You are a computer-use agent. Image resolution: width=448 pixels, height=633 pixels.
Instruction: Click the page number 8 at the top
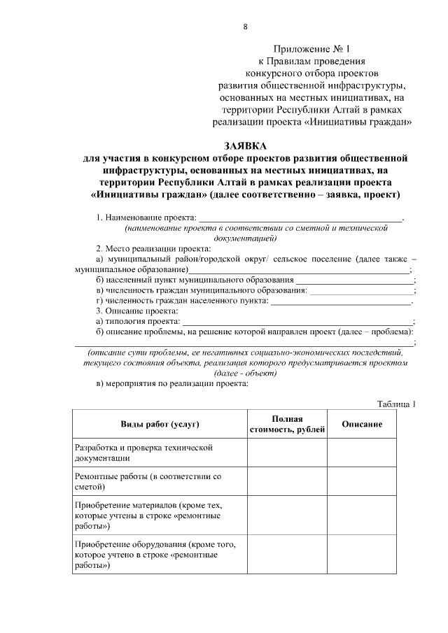pos(245,27)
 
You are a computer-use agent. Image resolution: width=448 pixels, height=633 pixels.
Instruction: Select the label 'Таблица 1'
pos(396,404)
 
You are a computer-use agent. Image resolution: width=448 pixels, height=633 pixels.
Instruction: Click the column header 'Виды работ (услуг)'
pos(160,425)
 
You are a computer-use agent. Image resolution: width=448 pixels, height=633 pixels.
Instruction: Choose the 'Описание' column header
pos(362,425)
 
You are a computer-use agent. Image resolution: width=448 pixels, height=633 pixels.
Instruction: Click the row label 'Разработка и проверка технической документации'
pos(143,453)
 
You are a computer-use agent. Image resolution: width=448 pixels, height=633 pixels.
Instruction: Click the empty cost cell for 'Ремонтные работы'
pos(288,481)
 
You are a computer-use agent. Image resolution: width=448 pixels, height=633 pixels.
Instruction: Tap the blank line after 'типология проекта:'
pos(297,321)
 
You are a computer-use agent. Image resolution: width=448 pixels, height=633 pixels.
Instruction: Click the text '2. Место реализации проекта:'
pos(153,248)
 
